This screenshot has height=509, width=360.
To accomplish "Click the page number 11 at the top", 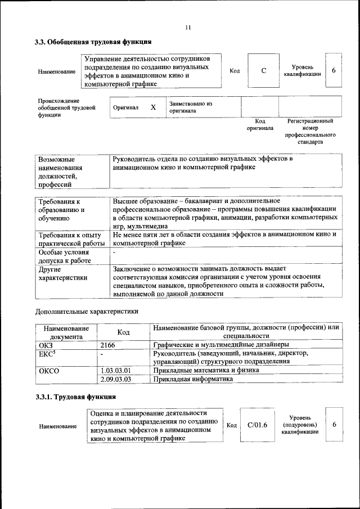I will click(x=188, y=27).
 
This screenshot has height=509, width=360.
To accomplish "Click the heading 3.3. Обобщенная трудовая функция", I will click(x=93, y=42).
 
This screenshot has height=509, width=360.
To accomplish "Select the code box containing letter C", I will click(x=263, y=71).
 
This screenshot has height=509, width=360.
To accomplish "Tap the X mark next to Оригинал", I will click(x=153, y=107).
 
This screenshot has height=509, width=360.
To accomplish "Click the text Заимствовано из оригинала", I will click(x=191, y=107).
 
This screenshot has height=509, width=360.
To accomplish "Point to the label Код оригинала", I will click(x=259, y=124).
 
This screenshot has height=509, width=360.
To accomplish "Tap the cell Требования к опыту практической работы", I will click(x=71, y=238).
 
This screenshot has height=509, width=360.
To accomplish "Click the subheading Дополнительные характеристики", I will click(x=87, y=310).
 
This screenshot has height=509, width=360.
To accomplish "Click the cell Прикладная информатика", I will click(x=192, y=380).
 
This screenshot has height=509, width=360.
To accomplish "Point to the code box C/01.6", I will click(x=257, y=425).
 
